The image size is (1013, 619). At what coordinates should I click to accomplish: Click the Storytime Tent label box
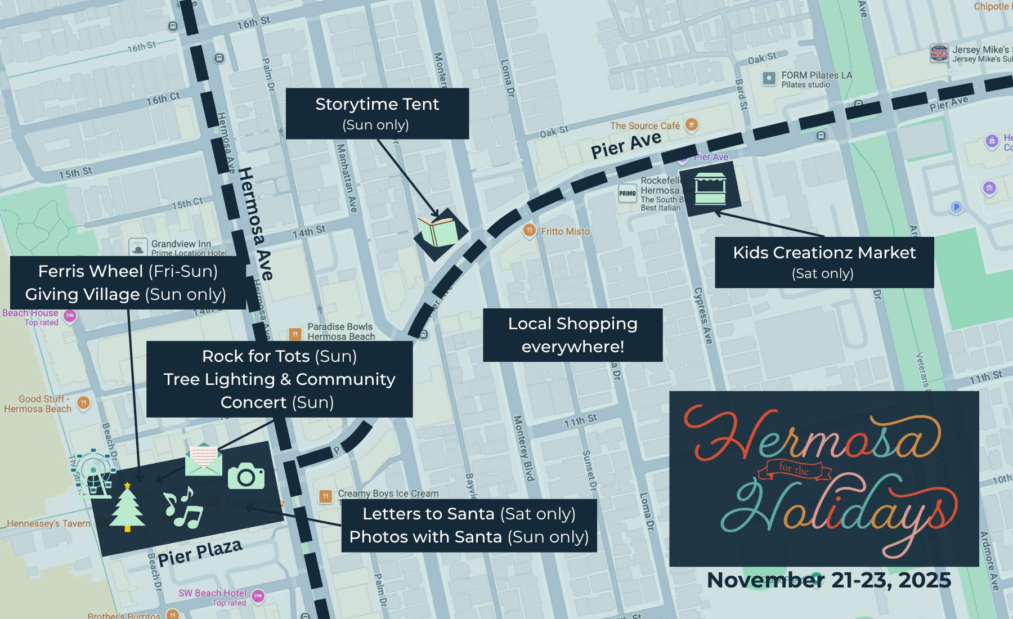point(377,114)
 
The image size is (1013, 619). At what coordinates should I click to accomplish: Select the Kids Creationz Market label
point(824,262)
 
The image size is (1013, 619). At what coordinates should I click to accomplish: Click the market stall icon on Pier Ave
point(710,189)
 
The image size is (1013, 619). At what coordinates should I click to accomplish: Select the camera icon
point(246,477)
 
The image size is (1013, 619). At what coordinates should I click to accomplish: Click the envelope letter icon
point(203,459)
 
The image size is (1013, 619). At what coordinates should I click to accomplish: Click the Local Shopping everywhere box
point(572,335)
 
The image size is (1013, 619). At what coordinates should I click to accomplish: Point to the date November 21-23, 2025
point(828,580)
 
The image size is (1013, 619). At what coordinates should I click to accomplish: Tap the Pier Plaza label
point(200,553)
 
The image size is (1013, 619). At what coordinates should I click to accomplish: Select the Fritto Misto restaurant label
point(565,231)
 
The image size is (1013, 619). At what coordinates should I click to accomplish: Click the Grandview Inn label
point(181,244)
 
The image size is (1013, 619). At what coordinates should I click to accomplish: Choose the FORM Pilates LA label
point(816,76)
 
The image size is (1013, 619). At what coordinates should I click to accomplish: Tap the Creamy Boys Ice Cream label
point(388,494)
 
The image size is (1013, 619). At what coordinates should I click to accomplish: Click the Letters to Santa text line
point(469,514)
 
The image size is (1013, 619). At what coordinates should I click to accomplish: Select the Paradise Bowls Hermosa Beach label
point(340,331)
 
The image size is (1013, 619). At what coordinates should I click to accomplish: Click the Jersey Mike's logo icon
point(939,53)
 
